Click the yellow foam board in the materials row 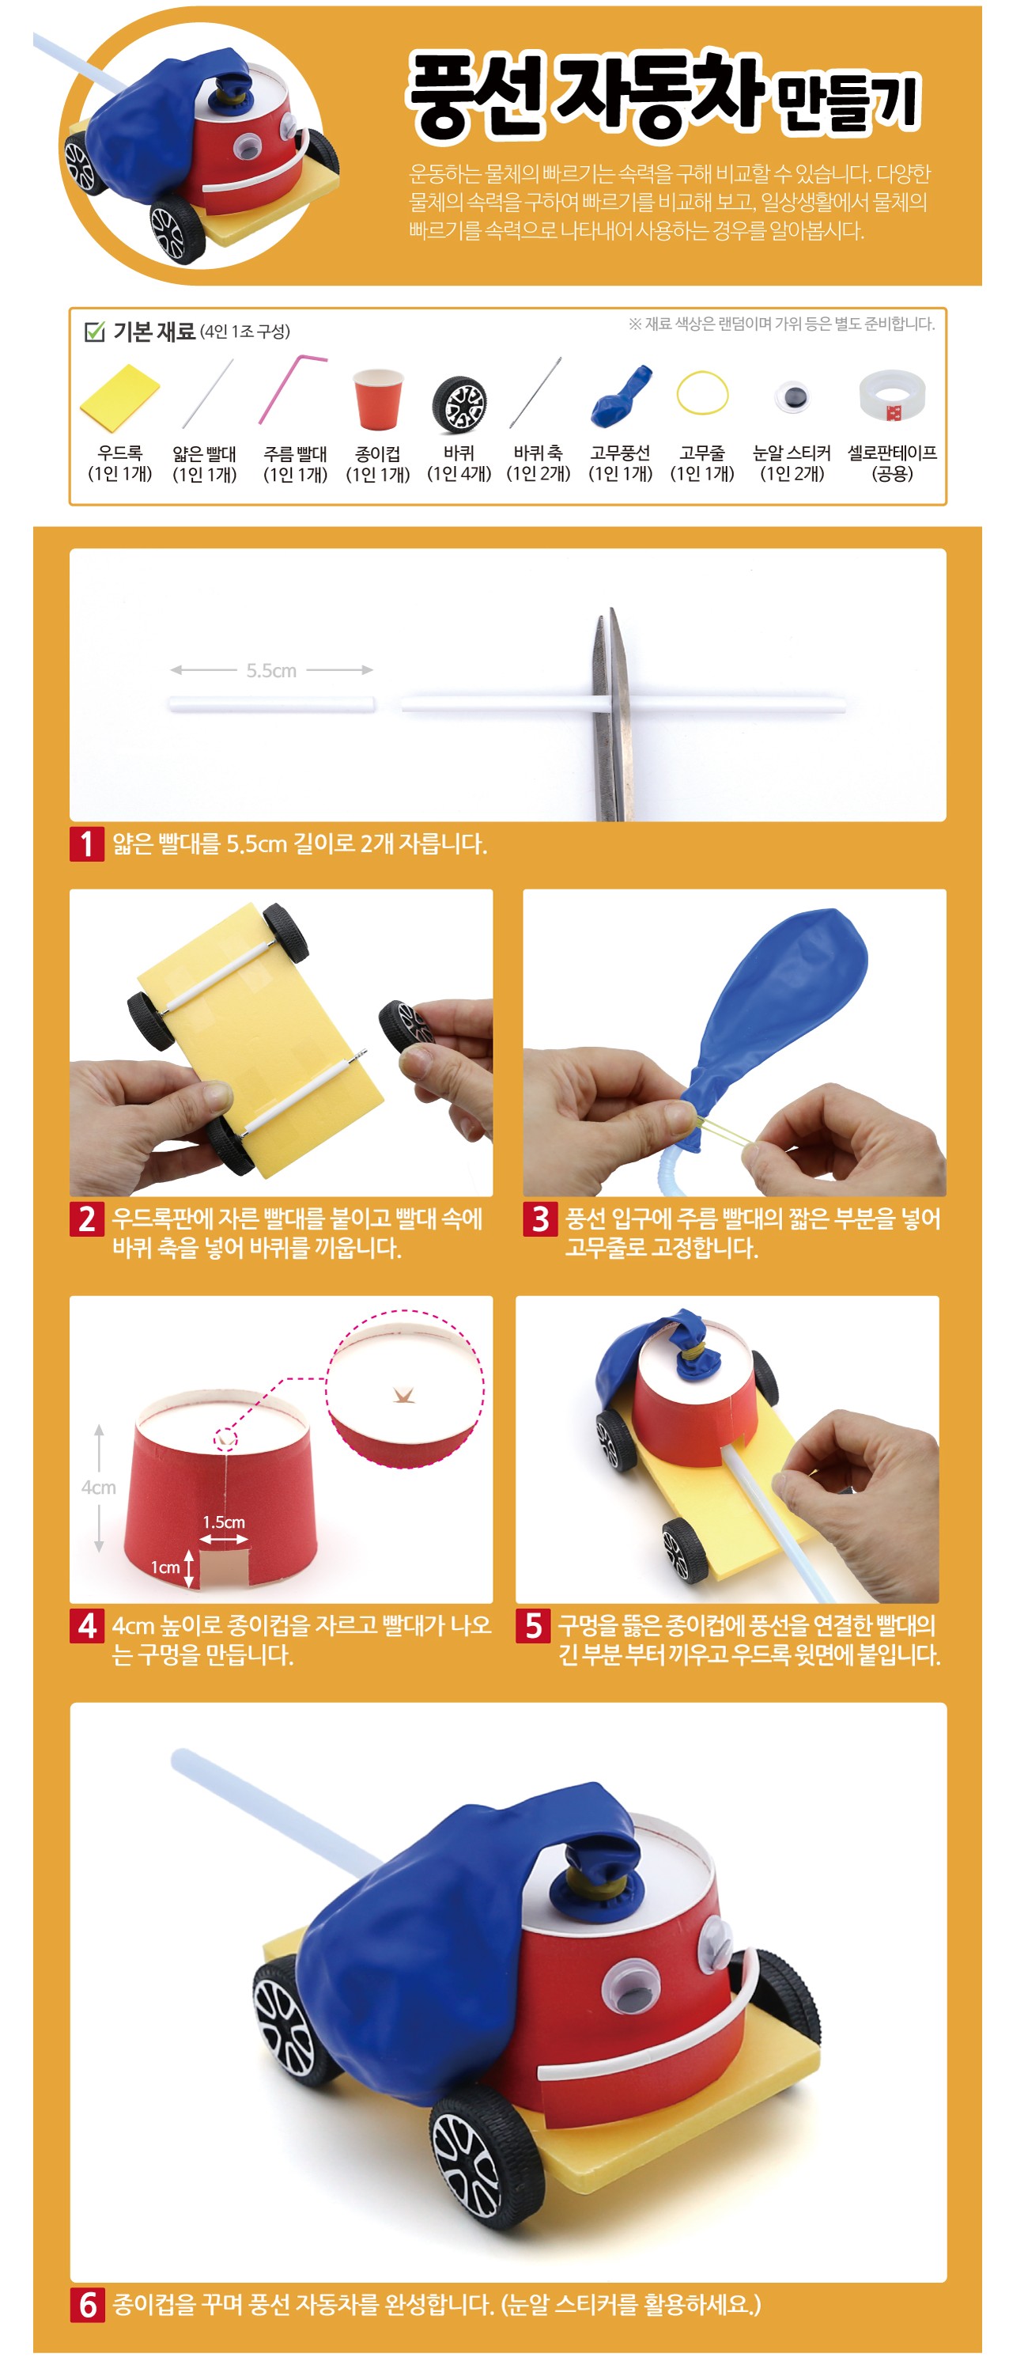tap(119, 396)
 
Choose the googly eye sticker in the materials tap(792, 396)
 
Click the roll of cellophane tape tap(891, 396)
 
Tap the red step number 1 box tap(86, 843)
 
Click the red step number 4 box tap(86, 1626)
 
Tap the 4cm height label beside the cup tap(98, 1488)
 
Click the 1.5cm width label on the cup tap(224, 1522)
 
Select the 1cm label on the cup tap(165, 1567)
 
